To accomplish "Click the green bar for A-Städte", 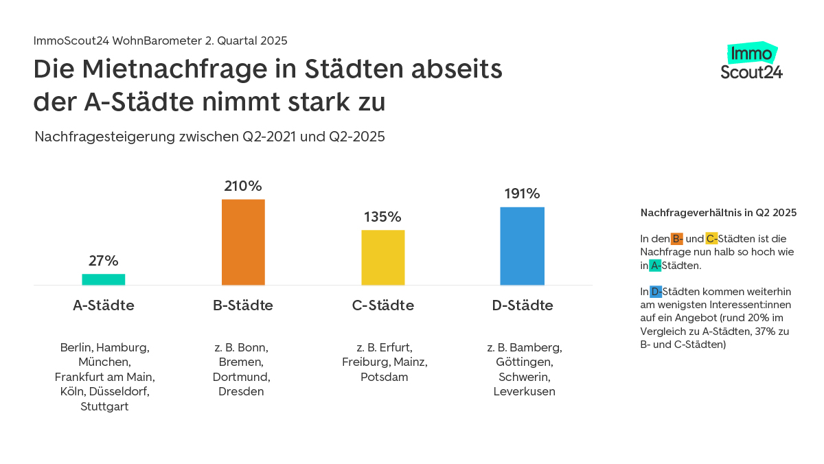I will pyautogui.click(x=104, y=279).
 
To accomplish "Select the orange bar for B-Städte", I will pyautogui.click(x=243, y=242).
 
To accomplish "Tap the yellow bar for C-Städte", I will pyautogui.click(x=383, y=257).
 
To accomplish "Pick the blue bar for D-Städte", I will pyautogui.click(x=522, y=246).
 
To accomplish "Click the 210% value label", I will pyautogui.click(x=243, y=186).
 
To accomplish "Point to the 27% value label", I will pyautogui.click(x=104, y=261).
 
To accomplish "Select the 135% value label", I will pyautogui.click(x=382, y=217).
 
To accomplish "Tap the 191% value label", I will pyautogui.click(x=522, y=194).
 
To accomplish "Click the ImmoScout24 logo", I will pyautogui.click(x=752, y=62).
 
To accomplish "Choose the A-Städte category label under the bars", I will pyautogui.click(x=104, y=305).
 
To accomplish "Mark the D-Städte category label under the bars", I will pyautogui.click(x=523, y=305).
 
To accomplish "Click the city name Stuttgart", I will pyautogui.click(x=104, y=406).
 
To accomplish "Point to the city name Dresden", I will pyautogui.click(x=241, y=392).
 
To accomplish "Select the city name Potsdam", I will pyautogui.click(x=385, y=377).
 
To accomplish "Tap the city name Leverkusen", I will pyautogui.click(x=524, y=392).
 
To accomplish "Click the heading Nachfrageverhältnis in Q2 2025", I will pyautogui.click(x=718, y=213).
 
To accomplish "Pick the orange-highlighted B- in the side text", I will pyautogui.click(x=677, y=239).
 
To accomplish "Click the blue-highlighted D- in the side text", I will pyautogui.click(x=656, y=291).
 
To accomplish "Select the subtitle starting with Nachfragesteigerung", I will pyautogui.click(x=209, y=137).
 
